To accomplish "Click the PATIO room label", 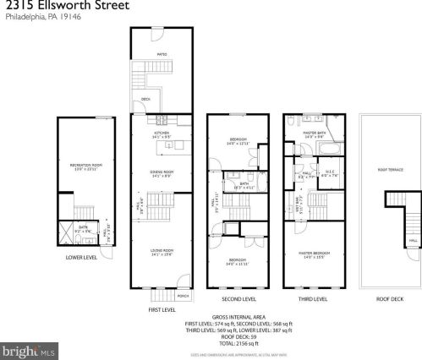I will pyautogui.click(x=162, y=55).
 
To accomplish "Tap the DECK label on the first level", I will pyautogui.click(x=145, y=99).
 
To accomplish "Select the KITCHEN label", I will pyautogui.click(x=162, y=133).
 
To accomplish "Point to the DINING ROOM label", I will pyautogui.click(x=162, y=172).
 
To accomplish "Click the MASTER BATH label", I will pyautogui.click(x=315, y=133).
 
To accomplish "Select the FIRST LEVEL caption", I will pyautogui.click(x=162, y=310).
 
